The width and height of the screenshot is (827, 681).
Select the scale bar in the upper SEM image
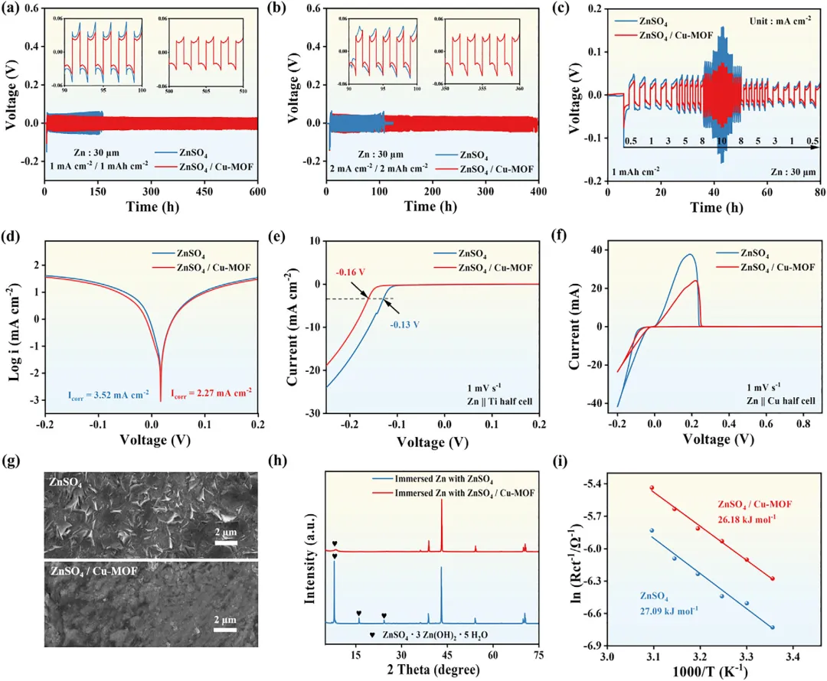(225, 545)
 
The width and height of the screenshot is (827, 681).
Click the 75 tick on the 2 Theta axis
(539, 655)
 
